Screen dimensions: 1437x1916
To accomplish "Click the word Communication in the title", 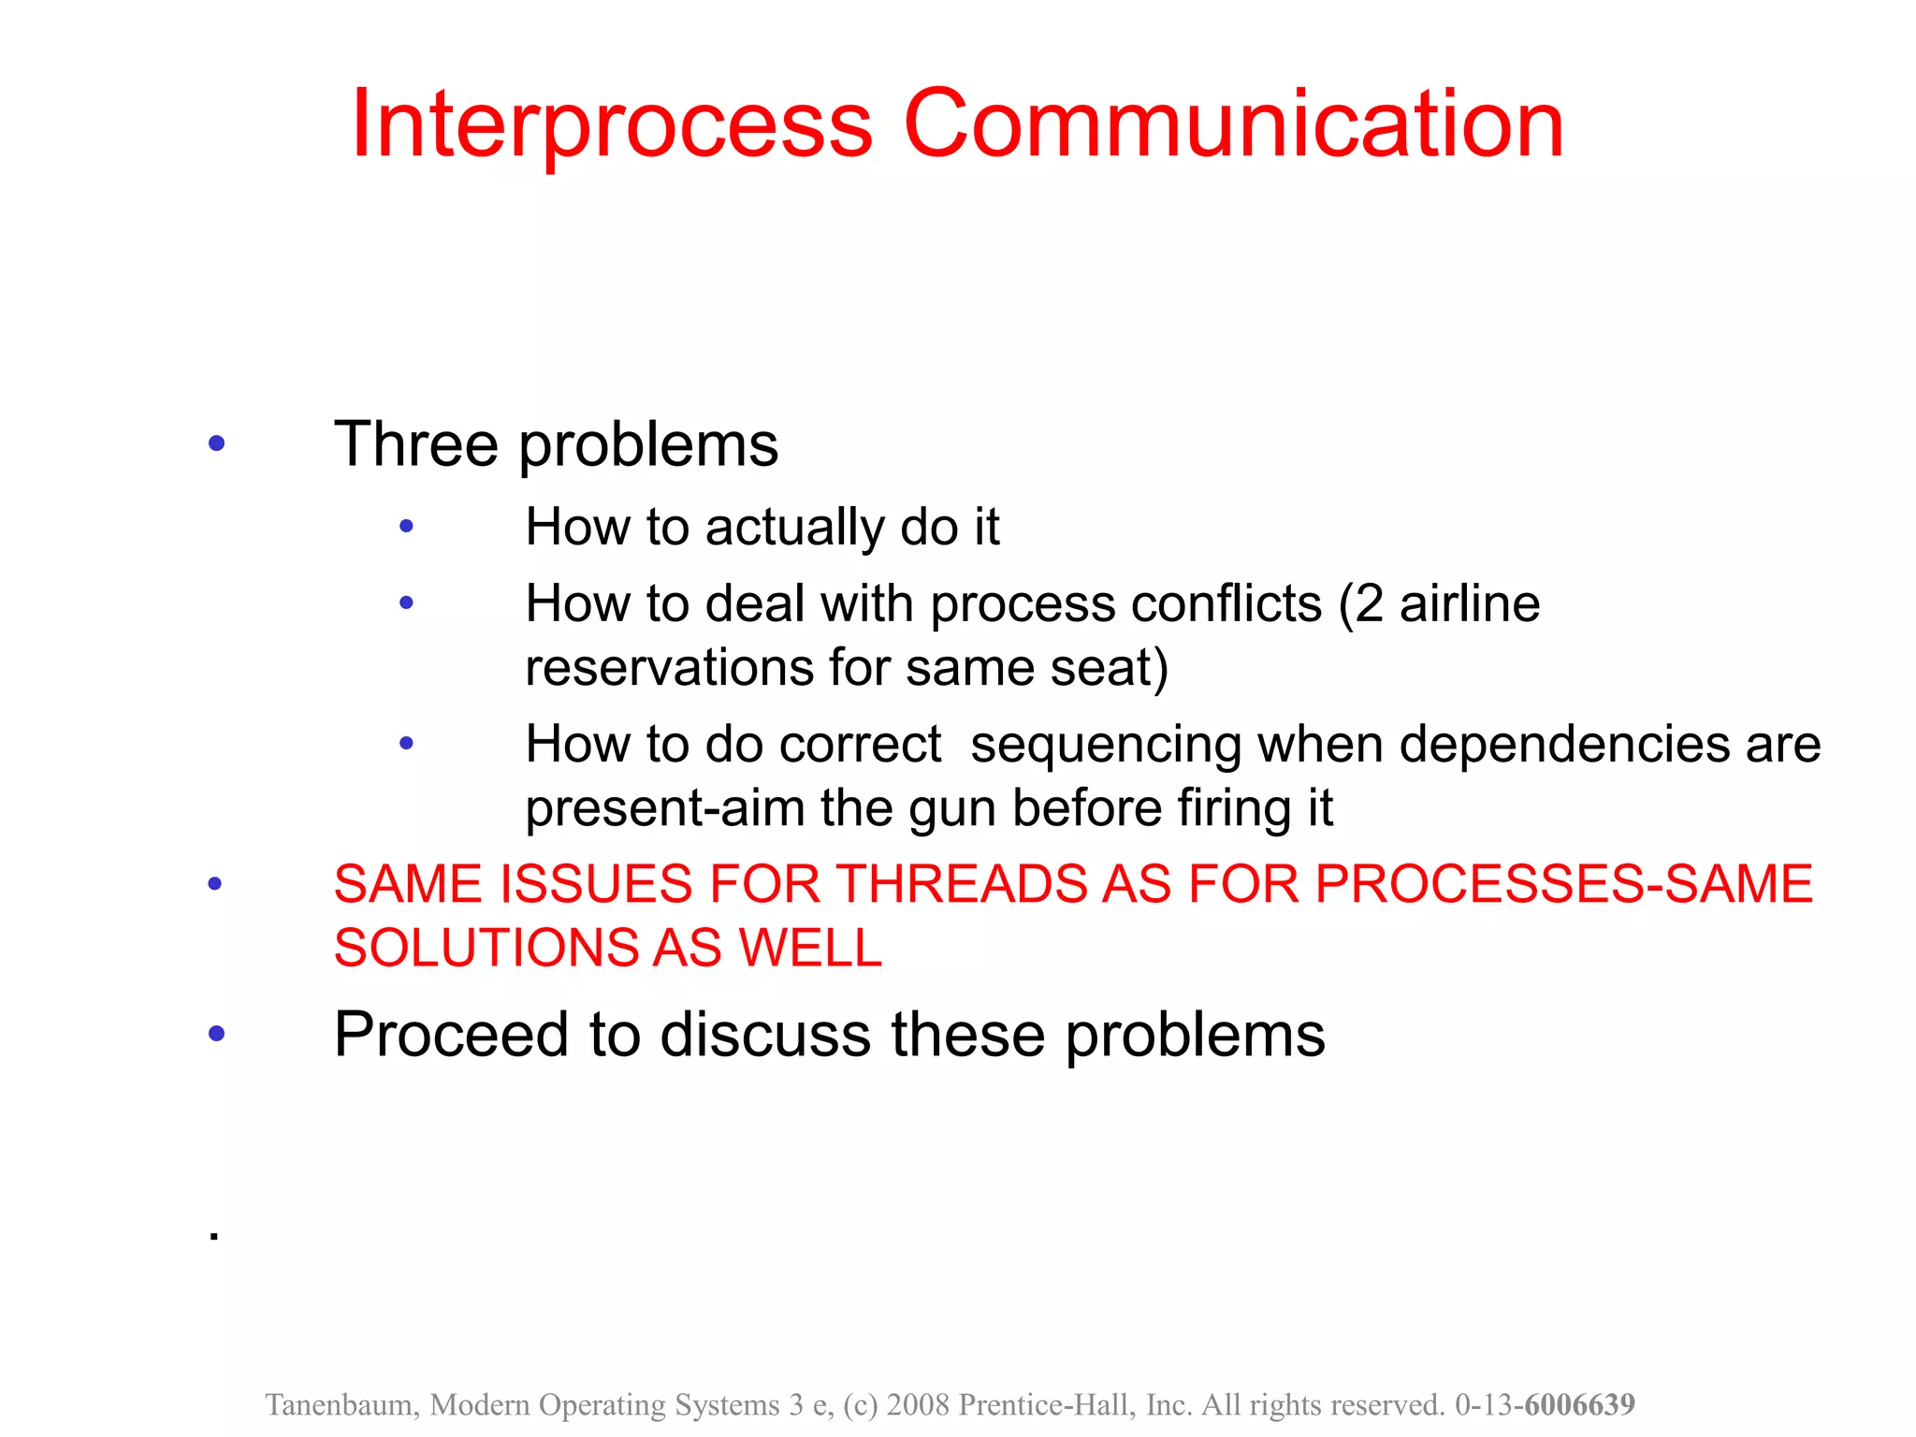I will click(x=1233, y=124).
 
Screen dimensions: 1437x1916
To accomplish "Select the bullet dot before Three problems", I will click(x=216, y=443).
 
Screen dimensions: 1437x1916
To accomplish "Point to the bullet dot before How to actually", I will click(x=406, y=527).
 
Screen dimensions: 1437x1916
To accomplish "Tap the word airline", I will click(x=1469, y=603).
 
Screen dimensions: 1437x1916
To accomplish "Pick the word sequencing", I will click(x=1106, y=745).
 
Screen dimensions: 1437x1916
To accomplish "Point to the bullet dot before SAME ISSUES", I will click(x=215, y=883).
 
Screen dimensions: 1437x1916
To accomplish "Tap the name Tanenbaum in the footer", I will click(x=341, y=1405).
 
